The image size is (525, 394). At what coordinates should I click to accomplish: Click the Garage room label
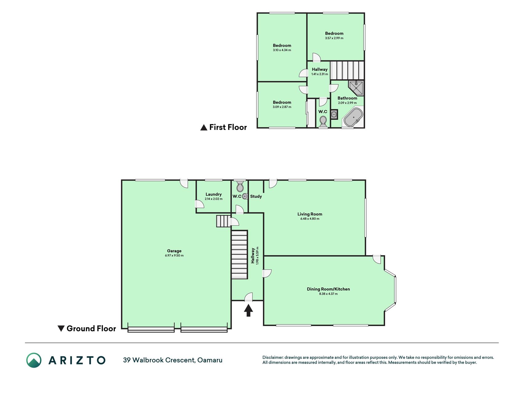pyautogui.click(x=174, y=251)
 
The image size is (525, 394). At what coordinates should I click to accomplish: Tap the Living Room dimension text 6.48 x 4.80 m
pyautogui.click(x=310, y=219)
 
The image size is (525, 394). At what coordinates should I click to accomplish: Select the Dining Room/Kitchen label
pyautogui.click(x=328, y=289)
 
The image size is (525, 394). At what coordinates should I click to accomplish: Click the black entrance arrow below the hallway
pyautogui.click(x=249, y=310)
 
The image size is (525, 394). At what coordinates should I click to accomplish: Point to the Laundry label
pyautogui.click(x=213, y=194)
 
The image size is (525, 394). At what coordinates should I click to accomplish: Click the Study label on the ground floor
pyautogui.click(x=256, y=196)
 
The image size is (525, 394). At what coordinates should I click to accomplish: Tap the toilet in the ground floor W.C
pyautogui.click(x=240, y=186)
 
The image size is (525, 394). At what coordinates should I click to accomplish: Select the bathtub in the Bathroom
pyautogui.click(x=353, y=117)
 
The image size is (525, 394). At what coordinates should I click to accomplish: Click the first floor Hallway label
pyautogui.click(x=320, y=70)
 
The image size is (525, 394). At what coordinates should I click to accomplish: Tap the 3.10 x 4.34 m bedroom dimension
pyautogui.click(x=282, y=50)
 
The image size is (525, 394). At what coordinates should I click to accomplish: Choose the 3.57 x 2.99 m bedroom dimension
pyautogui.click(x=334, y=38)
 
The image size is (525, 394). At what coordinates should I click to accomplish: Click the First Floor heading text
pyautogui.click(x=228, y=127)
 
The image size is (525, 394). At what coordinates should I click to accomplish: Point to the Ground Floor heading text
pyautogui.click(x=91, y=328)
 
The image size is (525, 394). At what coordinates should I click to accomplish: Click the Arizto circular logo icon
pyautogui.click(x=34, y=360)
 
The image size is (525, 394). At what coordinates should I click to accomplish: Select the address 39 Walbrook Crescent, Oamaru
pyautogui.click(x=173, y=360)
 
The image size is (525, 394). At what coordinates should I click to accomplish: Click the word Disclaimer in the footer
pyautogui.click(x=273, y=357)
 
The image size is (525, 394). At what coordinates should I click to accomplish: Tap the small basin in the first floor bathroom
pyautogui.click(x=334, y=115)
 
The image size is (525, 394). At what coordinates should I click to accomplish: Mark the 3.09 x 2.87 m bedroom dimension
pyautogui.click(x=282, y=107)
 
